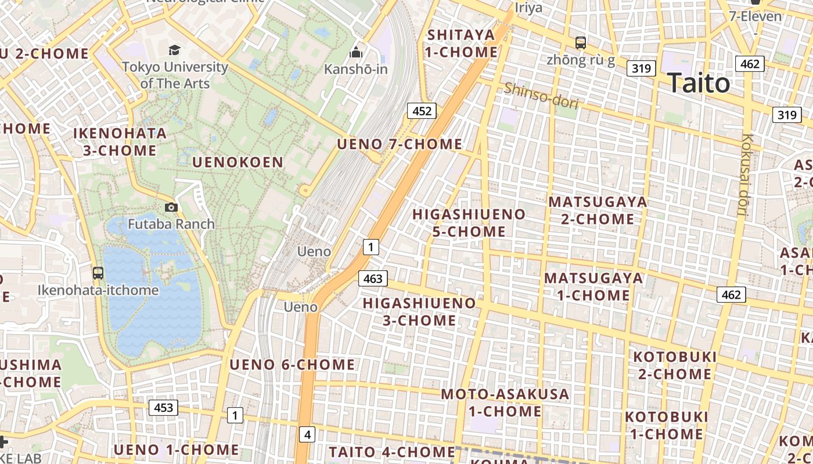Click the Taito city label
point(698,84)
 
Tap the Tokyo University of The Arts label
point(175,75)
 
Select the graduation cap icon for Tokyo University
point(174,50)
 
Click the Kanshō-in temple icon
point(356,53)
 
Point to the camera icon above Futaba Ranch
point(171,207)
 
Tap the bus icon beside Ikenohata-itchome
point(98,273)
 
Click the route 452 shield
point(422,111)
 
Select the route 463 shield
point(372,279)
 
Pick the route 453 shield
point(163,408)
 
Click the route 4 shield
point(307,434)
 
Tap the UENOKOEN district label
point(238,162)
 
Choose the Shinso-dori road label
point(541,96)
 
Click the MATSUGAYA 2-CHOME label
point(598,211)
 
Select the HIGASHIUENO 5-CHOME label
point(469,223)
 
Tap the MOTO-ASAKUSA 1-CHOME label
point(505,403)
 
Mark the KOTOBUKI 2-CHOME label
point(675,365)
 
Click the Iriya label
point(528,8)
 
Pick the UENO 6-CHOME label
point(292,365)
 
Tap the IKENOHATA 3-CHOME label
point(120,142)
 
